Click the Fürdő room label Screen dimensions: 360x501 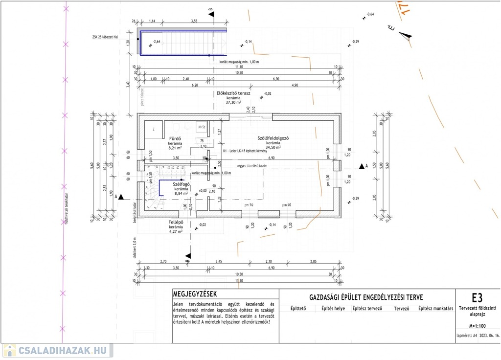point(175,138)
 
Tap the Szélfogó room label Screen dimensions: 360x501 point(182,184)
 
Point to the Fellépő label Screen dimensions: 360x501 point(176,222)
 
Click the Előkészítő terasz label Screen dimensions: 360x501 point(233,93)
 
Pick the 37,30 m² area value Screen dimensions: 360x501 point(233,103)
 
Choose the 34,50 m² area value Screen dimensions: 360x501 point(273,147)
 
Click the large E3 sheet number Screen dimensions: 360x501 point(477,297)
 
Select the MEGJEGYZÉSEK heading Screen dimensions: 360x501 point(195,294)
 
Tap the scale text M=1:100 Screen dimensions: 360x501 point(477,325)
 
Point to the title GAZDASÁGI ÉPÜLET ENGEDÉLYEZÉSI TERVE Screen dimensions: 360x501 point(366,297)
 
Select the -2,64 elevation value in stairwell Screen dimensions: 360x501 point(157,42)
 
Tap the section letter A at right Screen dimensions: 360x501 point(366,166)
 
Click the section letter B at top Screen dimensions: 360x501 point(211,10)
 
